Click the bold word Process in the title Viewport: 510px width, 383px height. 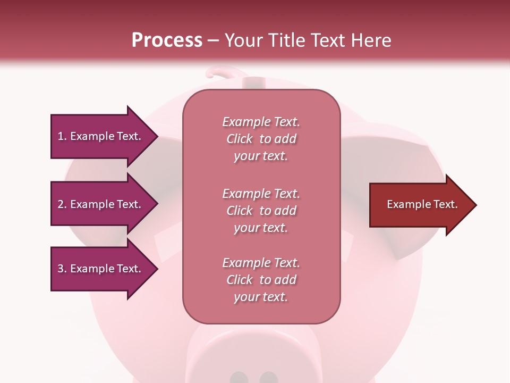point(167,40)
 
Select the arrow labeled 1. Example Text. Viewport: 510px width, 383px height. point(101,136)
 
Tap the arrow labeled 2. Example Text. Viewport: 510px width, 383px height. point(101,204)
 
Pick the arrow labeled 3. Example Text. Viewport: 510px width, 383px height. point(101,269)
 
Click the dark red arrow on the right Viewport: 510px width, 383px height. point(420,205)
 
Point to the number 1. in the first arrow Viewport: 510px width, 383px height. point(62,136)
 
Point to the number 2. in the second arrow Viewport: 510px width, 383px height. point(62,204)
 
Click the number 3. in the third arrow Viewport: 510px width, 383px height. point(62,269)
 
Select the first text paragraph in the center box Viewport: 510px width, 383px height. point(261,139)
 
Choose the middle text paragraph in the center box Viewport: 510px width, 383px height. point(261,211)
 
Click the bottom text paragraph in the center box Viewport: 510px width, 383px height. point(261,280)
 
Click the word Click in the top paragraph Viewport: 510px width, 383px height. point(240,139)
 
